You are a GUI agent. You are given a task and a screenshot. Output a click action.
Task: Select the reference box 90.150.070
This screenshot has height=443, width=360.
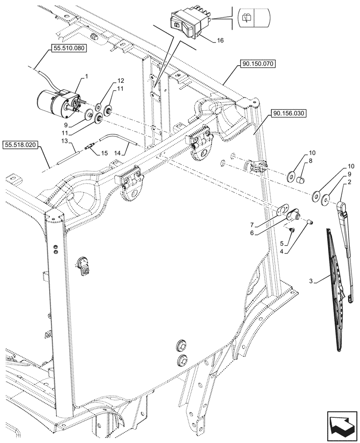click(x=258, y=64)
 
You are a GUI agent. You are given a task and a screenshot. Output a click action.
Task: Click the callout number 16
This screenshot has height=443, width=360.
click(x=220, y=40)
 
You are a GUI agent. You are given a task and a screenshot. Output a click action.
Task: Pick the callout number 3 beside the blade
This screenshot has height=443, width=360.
click(x=312, y=281)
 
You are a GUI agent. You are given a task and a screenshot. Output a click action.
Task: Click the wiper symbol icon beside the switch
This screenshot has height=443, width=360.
click(x=247, y=18)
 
